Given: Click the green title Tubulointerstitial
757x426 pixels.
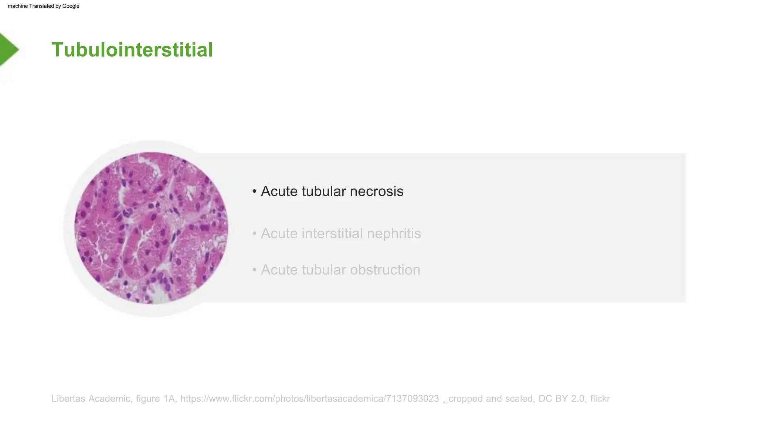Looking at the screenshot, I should point(132,50).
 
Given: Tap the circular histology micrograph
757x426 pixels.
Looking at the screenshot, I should point(151,228).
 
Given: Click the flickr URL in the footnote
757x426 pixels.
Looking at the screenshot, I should point(309,399).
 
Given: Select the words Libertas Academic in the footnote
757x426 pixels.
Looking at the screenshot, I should point(91,399).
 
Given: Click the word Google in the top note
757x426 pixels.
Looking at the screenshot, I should point(71,6).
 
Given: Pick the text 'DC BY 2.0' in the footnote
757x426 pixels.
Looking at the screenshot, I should point(562,399).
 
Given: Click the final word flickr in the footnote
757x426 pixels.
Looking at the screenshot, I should point(600,399).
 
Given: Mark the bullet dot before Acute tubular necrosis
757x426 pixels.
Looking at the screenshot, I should point(254,192).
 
